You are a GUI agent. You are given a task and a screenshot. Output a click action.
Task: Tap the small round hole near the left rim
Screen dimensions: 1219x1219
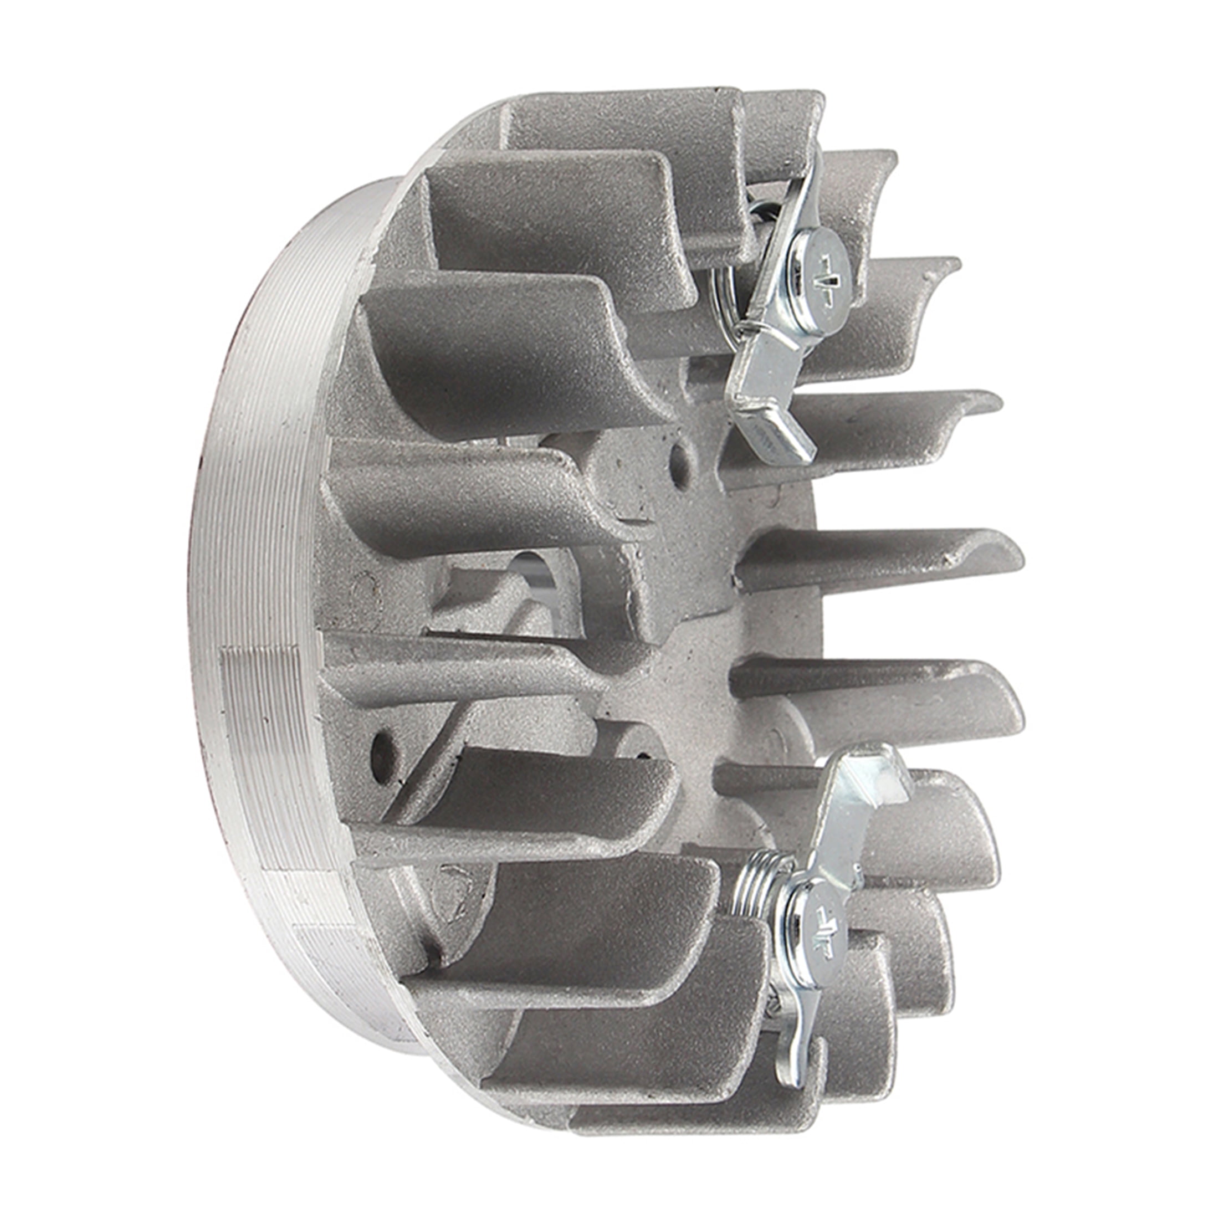381,747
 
